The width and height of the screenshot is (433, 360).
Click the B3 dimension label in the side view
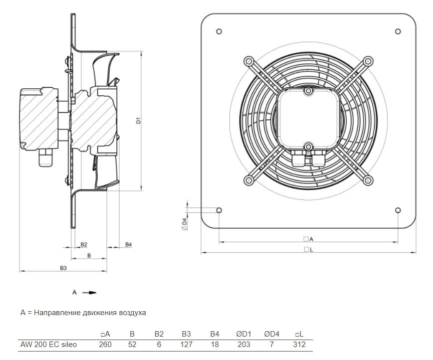pyautogui.click(x=63, y=268)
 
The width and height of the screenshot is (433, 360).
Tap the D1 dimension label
pyautogui.click(x=139, y=121)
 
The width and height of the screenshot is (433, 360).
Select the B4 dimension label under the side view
pyautogui.click(x=128, y=244)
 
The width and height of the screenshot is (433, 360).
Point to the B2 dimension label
pyautogui.click(x=84, y=244)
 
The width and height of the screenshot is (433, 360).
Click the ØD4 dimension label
pyautogui.click(x=184, y=224)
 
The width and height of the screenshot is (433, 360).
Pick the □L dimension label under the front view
pyautogui.click(x=308, y=249)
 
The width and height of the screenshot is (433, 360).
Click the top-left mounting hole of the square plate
pyautogui.click(x=219, y=31)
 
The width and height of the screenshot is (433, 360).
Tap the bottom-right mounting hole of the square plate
pyautogui.click(x=398, y=210)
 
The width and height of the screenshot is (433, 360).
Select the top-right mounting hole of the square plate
pyautogui.click(x=398, y=31)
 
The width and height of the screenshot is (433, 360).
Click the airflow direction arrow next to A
pyautogui.click(x=89, y=293)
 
